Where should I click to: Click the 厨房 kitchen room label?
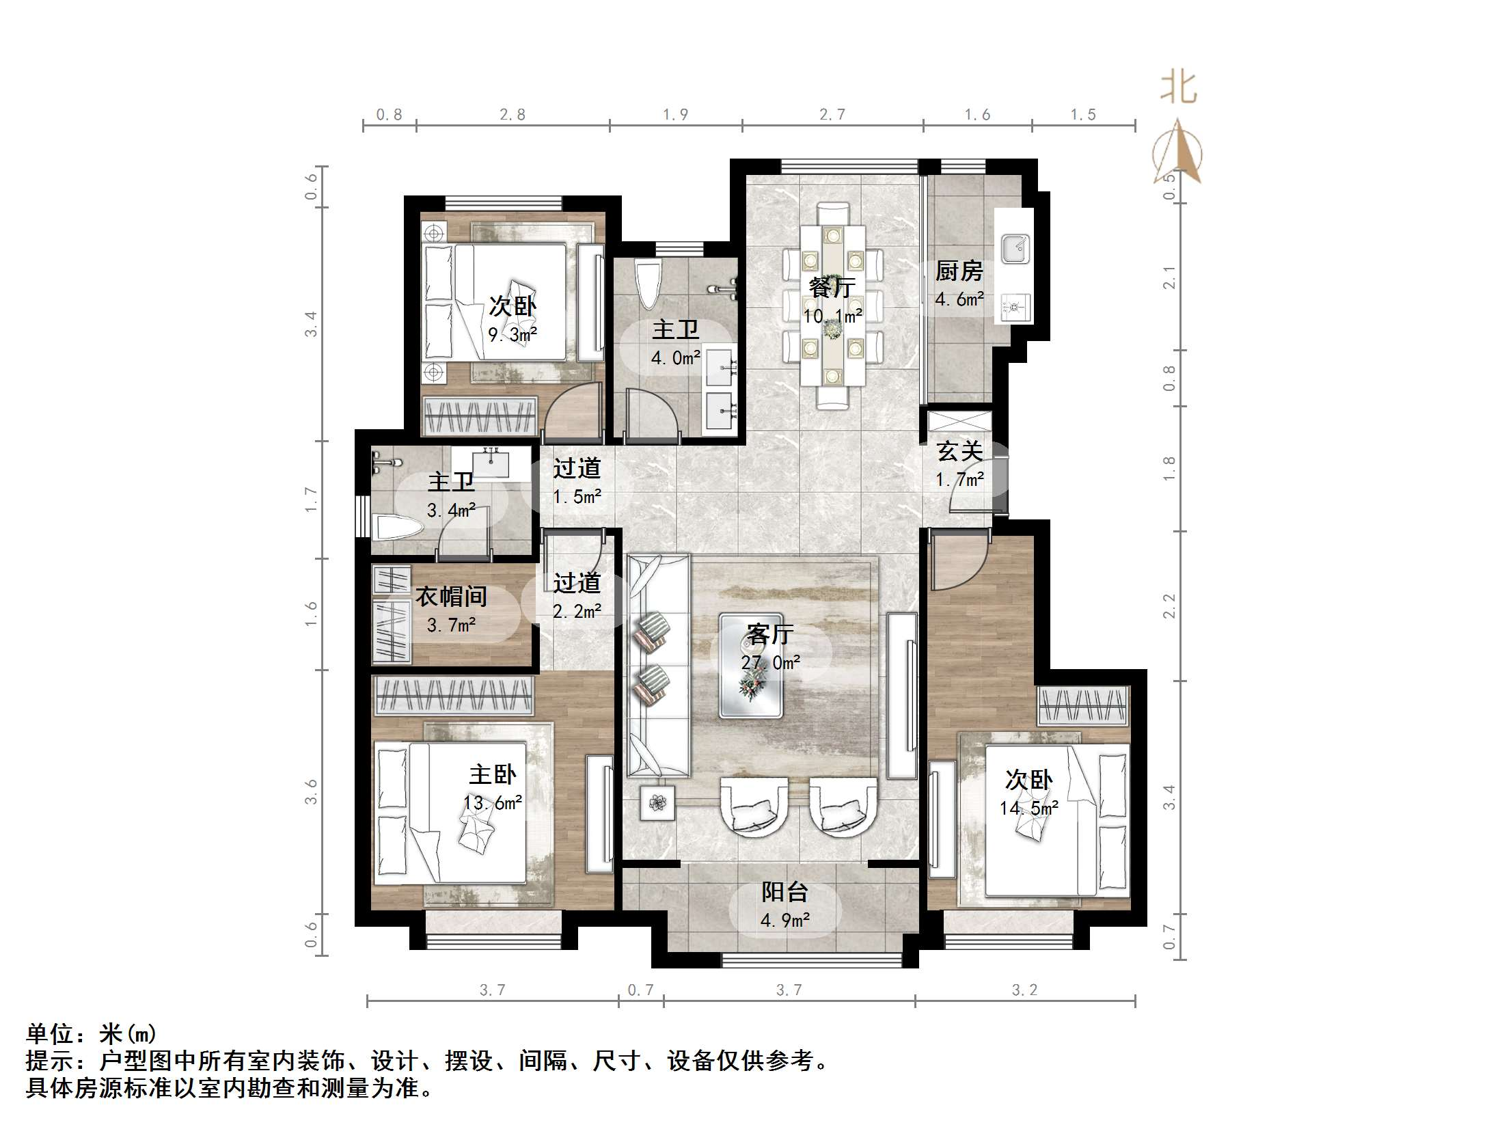tap(959, 272)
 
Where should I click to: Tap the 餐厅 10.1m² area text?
tap(832, 316)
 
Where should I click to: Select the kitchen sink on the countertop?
tap(1015, 249)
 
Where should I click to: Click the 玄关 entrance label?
tap(959, 451)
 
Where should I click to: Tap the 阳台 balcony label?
tap(784, 892)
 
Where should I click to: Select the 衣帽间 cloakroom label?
tap(451, 597)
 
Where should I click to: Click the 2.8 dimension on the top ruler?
tap(513, 115)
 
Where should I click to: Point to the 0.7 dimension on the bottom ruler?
tap(640, 990)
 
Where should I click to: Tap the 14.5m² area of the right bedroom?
tap(1029, 809)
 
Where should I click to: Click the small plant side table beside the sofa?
tap(657, 802)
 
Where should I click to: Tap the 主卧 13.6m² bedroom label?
tap(492, 775)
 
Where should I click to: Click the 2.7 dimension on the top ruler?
tap(832, 115)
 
